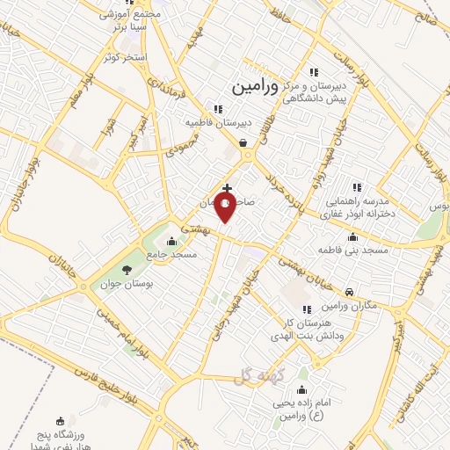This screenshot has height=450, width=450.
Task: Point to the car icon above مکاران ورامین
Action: tap(350, 291)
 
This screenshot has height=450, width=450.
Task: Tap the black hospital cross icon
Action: tap(228, 188)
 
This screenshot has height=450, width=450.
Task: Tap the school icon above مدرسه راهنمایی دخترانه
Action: tap(357, 187)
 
